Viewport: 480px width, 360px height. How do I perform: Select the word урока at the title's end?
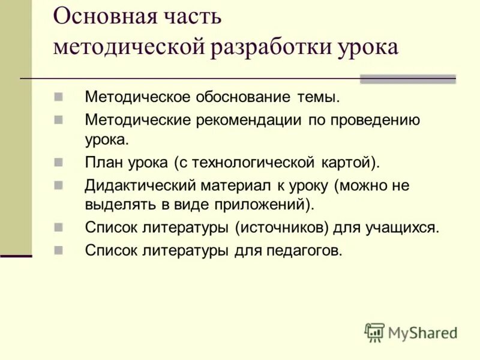coord(368,47)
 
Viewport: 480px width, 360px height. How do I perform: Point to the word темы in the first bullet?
coord(318,97)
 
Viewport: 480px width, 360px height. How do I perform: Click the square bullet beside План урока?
coord(58,162)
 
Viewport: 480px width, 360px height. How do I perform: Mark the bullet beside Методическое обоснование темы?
coord(58,96)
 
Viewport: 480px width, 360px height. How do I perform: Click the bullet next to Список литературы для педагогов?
coord(58,250)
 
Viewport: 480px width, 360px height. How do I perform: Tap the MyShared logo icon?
coord(374,332)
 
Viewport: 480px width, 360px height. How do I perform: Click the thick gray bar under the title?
coord(407,79)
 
